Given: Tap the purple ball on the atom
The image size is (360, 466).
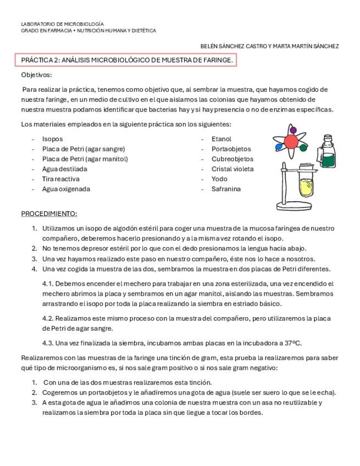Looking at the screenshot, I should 293,130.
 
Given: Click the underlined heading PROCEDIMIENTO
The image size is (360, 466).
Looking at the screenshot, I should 49,213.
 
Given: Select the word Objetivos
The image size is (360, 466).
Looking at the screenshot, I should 36,75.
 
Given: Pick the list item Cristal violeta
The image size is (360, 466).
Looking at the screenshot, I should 232,169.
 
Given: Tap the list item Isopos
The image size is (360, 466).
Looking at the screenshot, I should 53,139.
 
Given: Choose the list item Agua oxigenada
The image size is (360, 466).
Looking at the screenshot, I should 67,189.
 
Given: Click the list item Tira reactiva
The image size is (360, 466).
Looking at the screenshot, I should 61,179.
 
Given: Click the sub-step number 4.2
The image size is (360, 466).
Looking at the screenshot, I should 48,318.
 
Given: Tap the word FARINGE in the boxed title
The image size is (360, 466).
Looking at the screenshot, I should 219,60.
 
